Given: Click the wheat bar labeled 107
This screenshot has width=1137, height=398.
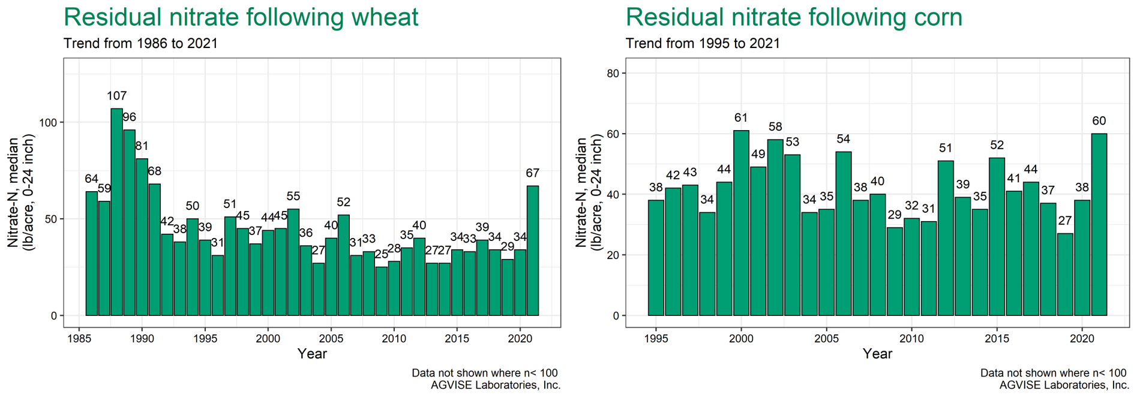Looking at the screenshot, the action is [x=116, y=212].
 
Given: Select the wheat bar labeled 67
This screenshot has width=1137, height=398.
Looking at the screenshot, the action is [x=532, y=251].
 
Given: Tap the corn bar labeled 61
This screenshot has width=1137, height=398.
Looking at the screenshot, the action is [x=741, y=223].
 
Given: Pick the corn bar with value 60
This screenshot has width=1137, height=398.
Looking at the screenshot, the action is [x=1099, y=224].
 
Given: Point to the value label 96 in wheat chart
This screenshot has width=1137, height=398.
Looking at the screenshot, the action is [x=129, y=117].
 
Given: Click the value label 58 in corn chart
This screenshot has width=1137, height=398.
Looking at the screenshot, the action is [x=775, y=127].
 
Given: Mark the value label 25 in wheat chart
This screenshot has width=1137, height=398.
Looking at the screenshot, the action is [x=381, y=254].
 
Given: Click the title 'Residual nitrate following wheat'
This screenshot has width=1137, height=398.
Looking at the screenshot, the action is [x=241, y=17].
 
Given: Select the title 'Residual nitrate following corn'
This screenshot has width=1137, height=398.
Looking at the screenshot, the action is [x=794, y=17].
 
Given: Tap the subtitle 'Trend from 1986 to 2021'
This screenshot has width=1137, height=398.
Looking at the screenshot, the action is [x=140, y=44].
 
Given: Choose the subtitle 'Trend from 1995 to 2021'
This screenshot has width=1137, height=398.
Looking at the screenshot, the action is [x=703, y=44].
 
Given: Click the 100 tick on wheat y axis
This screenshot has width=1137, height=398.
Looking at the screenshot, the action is [x=49, y=122].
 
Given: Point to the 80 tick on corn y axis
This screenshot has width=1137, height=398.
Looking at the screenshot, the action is [x=613, y=73].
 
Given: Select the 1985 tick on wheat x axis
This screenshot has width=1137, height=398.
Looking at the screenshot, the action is [x=79, y=339].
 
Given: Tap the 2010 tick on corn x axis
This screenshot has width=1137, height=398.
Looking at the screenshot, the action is [x=911, y=339].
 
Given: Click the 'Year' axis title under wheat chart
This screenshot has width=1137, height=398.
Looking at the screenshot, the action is [x=312, y=354].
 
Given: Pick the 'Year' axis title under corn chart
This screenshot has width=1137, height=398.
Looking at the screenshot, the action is [x=877, y=354].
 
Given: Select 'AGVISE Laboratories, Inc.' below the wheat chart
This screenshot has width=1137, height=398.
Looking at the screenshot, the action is [x=496, y=385].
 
